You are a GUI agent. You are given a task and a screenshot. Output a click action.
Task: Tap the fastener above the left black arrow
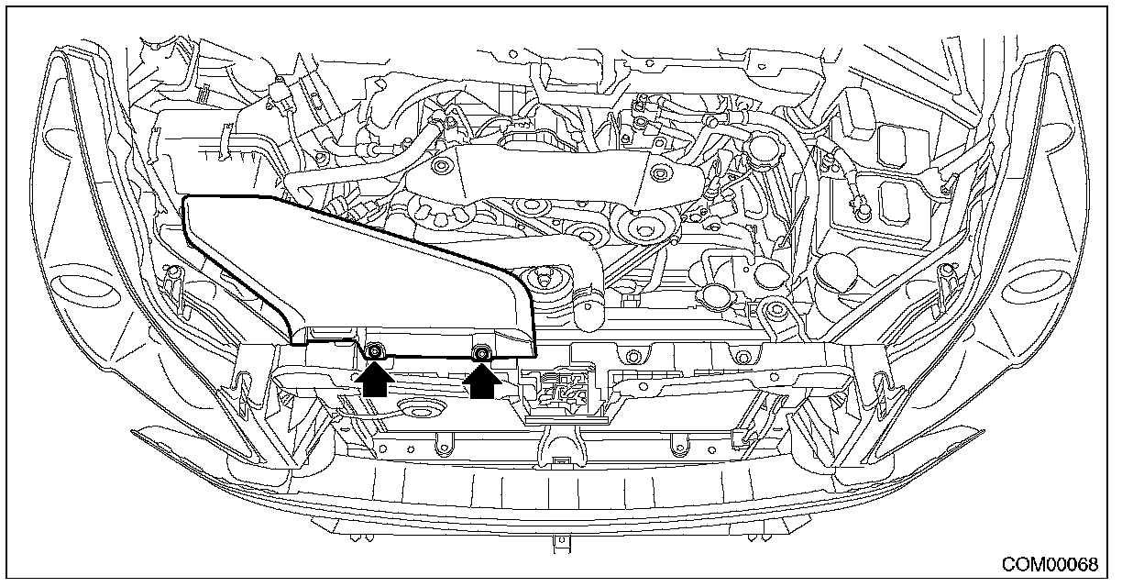point(374,350)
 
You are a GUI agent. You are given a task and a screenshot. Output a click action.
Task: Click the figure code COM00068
point(1049,563)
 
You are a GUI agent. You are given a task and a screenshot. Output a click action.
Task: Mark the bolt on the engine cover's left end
point(443,168)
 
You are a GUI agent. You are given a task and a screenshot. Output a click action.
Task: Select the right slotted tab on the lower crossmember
point(679,448)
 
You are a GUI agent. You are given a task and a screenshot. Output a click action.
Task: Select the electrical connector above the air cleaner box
point(277,94)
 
